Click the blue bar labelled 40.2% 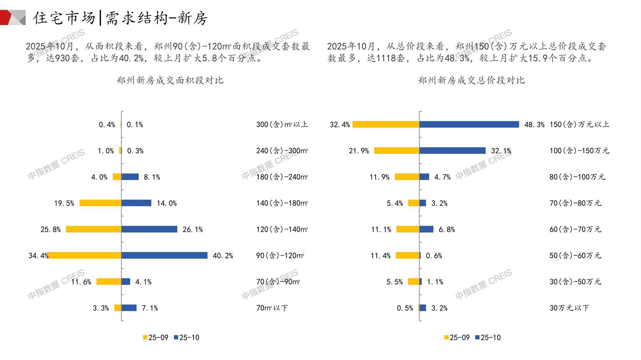click(164, 255)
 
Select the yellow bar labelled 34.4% click(85, 255)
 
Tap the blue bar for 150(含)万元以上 click(469, 124)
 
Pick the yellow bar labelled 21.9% click(397, 151)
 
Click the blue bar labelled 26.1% click(149, 229)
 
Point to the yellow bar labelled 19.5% click(100, 203)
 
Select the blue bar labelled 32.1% click(452, 151)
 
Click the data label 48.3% click(534, 125)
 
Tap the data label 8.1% click(152, 177)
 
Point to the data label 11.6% click(81, 282)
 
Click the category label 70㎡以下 click(272, 308)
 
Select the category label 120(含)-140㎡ click(282, 229)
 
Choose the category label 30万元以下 click(569, 308)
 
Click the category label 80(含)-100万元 click(577, 177)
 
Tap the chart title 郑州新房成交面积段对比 click(170, 80)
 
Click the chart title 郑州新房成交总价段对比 click(471, 80)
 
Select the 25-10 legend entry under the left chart click(187, 338)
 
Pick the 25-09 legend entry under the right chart click(457, 338)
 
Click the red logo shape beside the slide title click(8, 17)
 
